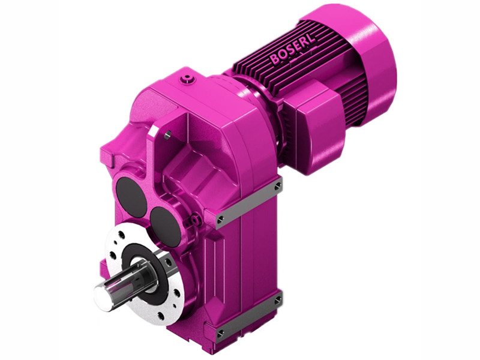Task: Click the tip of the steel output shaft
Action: (x=101, y=293)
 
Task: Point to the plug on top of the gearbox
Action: (x=191, y=78)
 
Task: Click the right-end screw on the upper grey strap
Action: (x=277, y=187)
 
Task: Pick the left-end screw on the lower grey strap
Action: (x=221, y=331)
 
